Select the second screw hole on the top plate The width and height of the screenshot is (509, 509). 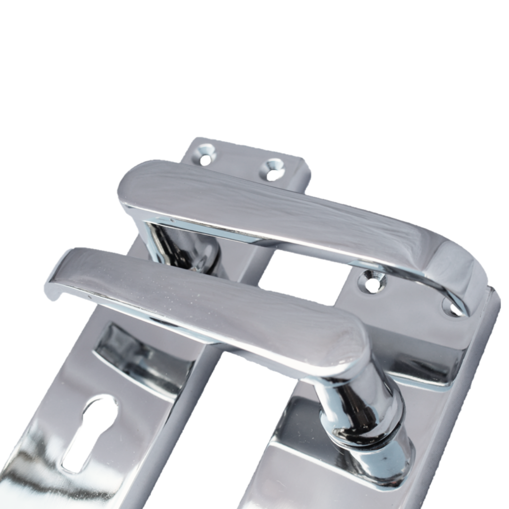pyautogui.click(x=274, y=169)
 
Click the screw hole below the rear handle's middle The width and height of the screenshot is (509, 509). pyautogui.click(x=372, y=283)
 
